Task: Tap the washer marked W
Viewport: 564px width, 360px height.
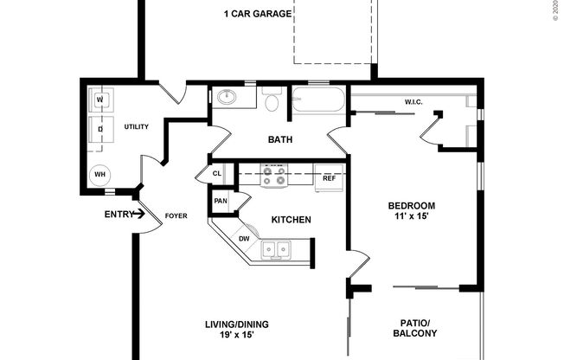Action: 99,101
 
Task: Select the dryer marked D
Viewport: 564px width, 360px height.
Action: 99,131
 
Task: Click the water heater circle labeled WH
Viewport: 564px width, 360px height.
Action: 100,174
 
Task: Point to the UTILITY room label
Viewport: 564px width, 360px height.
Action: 136,126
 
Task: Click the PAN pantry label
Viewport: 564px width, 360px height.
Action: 220,202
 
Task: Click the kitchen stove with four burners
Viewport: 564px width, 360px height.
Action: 274,177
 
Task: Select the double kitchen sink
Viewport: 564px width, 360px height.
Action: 277,250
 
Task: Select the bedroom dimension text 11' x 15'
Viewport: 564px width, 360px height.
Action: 411,217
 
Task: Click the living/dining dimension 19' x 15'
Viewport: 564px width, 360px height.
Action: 236,336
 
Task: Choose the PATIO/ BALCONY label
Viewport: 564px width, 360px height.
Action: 415,326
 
